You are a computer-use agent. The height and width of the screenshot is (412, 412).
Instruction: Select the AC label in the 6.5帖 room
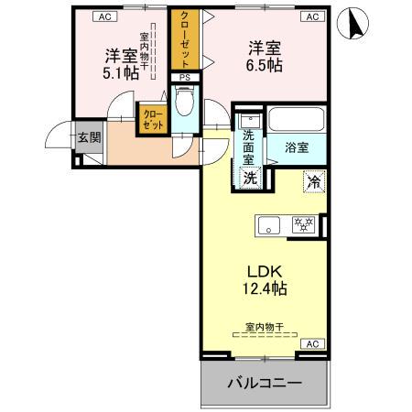tap(310, 16)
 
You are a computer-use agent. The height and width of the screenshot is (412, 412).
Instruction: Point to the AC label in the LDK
tap(311, 344)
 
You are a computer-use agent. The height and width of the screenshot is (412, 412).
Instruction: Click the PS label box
tap(184, 78)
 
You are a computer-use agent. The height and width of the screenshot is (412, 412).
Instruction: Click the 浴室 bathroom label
tap(297, 146)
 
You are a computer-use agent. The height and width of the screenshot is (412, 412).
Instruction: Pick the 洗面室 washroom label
tap(249, 146)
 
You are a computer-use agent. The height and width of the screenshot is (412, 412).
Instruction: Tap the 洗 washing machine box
tap(249, 178)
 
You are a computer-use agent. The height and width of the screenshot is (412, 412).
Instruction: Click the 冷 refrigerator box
tap(312, 181)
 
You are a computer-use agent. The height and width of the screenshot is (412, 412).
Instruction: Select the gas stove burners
tap(302, 223)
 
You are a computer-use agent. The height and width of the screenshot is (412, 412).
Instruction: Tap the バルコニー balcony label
tap(264, 382)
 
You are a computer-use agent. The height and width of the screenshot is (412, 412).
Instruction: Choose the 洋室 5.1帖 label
tap(119, 63)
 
